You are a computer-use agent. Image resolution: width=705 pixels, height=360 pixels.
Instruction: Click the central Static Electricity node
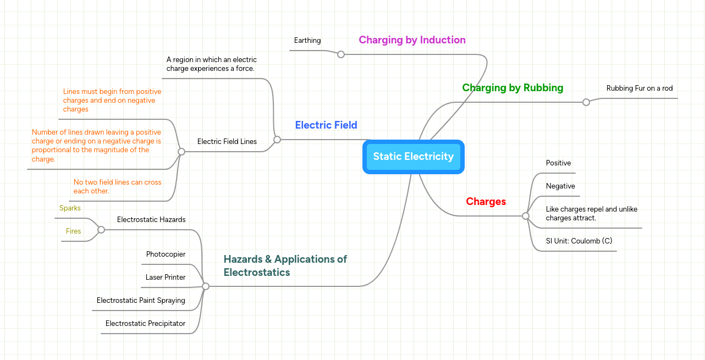[x=414, y=157]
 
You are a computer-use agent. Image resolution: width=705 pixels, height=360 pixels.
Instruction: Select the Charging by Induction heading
[x=412, y=40]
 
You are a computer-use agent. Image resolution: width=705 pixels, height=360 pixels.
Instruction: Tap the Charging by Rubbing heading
[x=513, y=88]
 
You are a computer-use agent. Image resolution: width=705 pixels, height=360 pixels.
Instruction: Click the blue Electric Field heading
[x=326, y=125]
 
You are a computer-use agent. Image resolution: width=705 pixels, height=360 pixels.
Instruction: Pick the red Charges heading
[x=486, y=202]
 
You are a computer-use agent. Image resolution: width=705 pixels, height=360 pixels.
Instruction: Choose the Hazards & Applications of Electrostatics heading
[x=285, y=265]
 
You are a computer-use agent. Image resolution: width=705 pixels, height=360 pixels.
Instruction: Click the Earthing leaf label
[x=307, y=41]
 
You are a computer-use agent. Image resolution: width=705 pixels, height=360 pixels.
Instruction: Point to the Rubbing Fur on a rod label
[x=639, y=88]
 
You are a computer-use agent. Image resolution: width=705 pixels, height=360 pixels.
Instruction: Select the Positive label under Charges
[x=558, y=163]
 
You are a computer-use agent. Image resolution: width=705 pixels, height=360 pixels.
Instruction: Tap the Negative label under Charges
[x=560, y=186]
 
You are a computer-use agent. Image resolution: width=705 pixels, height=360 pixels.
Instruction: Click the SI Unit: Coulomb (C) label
[x=579, y=241]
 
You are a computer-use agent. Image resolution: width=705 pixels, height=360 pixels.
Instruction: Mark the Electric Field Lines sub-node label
[x=227, y=142]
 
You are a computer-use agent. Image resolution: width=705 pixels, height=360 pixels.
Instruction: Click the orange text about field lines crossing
[x=117, y=186]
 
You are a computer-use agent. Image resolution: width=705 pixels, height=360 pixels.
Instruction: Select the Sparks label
[x=70, y=208]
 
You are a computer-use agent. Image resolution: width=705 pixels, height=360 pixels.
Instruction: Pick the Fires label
[x=73, y=231]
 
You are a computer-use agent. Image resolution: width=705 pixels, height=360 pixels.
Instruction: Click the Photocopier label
[x=166, y=254]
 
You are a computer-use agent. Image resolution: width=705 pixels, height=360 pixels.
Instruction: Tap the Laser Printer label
[x=166, y=278]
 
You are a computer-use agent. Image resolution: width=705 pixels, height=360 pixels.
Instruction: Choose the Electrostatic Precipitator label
[x=145, y=324]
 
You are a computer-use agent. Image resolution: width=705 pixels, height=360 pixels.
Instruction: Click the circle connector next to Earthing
[x=341, y=54]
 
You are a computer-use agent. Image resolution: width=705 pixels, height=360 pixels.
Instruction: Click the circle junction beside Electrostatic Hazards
[x=101, y=230]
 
